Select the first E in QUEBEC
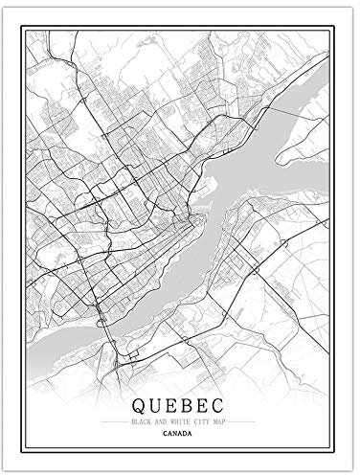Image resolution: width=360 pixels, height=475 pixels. tap(167, 405)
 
